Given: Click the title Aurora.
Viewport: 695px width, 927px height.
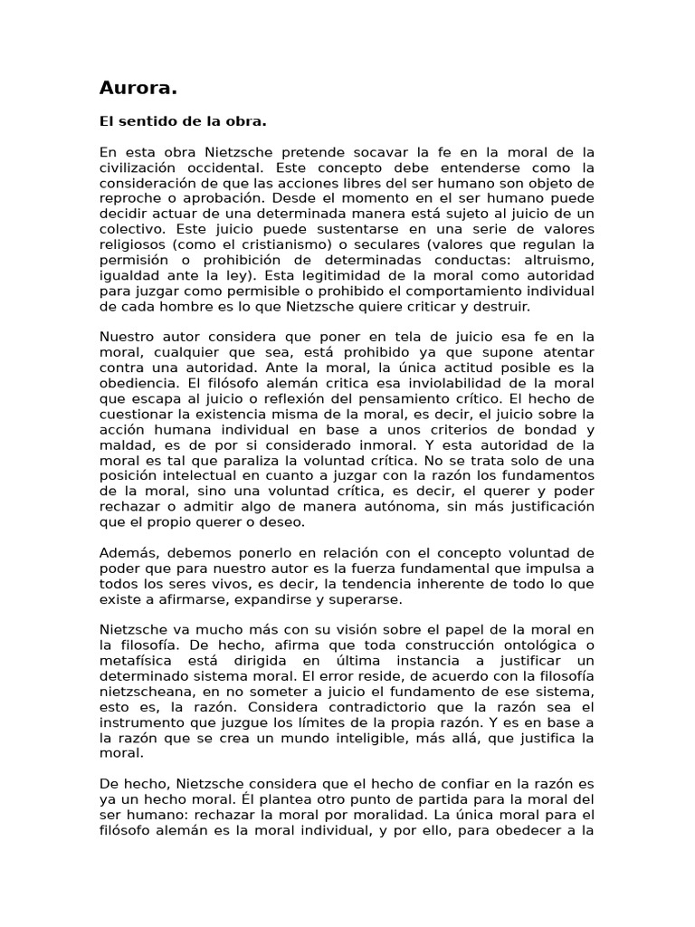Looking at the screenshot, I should point(138,88).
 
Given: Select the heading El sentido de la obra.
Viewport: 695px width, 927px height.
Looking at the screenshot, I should point(183,121).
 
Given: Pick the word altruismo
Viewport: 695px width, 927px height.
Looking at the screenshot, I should point(558,260).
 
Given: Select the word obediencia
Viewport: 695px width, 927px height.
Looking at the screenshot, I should point(139,382).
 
